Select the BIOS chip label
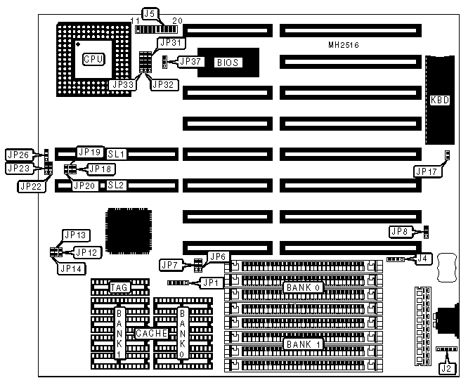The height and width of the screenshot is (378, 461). click(227, 63)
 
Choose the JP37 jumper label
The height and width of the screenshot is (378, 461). click(190, 62)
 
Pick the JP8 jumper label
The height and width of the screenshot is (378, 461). click(401, 231)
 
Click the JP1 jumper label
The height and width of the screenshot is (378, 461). click(210, 282)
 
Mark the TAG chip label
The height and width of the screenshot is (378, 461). click(119, 287)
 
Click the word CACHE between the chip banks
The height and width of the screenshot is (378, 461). click(151, 334)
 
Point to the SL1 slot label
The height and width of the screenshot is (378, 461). click(116, 153)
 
